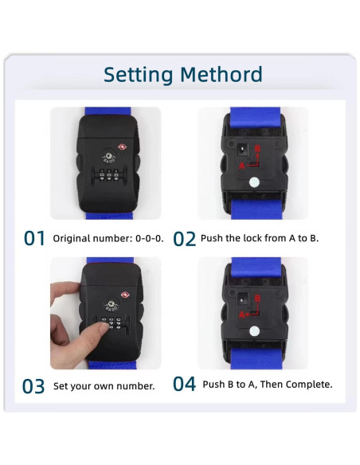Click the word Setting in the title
click(x=138, y=76)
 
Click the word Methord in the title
click(x=221, y=74)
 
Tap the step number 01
click(x=34, y=238)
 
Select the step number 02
click(x=184, y=239)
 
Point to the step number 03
click(x=33, y=386)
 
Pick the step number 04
click(x=184, y=384)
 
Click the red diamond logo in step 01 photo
click(x=122, y=147)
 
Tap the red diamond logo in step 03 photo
click(x=124, y=295)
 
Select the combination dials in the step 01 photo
click(x=109, y=175)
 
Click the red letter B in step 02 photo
click(x=258, y=149)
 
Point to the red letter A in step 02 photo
click(x=242, y=166)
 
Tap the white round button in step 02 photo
click(x=254, y=182)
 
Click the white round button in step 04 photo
click(x=254, y=331)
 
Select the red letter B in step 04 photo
click(x=257, y=298)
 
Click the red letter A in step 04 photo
click(x=241, y=315)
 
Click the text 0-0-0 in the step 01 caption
click(x=149, y=238)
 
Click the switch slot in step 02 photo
click(x=242, y=150)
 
